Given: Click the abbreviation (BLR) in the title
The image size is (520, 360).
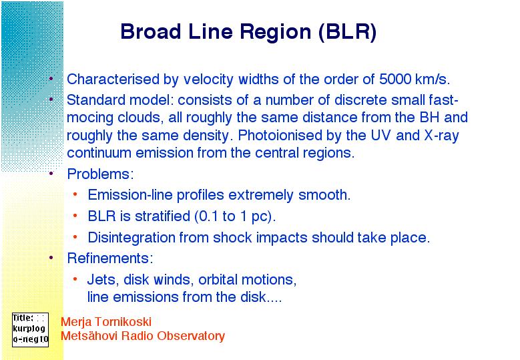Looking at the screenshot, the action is [347, 32].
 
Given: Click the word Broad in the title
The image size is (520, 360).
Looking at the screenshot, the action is [151, 31].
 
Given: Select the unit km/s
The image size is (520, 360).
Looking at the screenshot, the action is [433, 79].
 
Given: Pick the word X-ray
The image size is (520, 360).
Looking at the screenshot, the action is [442, 136].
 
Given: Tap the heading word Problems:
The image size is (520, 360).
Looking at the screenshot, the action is [101, 174].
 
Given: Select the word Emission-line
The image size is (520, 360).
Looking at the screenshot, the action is [130, 195].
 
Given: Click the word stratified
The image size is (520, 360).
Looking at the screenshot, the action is [162, 216].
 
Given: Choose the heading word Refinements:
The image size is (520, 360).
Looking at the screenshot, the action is [110, 258].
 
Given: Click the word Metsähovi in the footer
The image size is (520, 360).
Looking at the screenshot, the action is [89, 336].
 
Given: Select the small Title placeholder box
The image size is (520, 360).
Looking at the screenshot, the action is [30, 330].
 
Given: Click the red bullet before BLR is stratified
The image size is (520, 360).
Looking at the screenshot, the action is [75, 216].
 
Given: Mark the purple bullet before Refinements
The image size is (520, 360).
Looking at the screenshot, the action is [51, 257].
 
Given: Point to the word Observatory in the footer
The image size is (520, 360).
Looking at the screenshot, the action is [192, 336].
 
